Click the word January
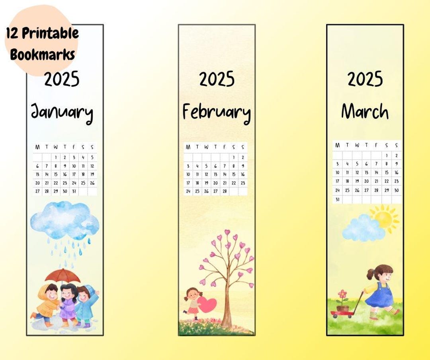62,112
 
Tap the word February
216,112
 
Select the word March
365,111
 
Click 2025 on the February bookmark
217,79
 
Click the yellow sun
384,218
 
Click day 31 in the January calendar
74,191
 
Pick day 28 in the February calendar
225,191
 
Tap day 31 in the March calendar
337,199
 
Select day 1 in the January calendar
56,157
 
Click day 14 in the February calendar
225,174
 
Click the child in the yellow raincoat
47,304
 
